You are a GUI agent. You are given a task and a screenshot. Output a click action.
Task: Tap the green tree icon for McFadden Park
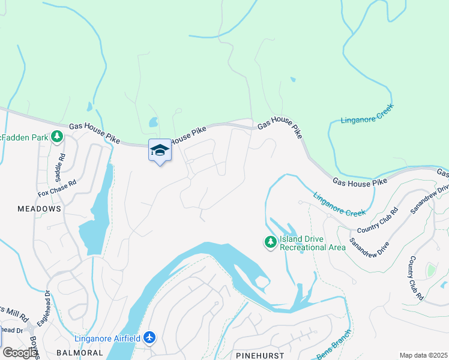(58, 137)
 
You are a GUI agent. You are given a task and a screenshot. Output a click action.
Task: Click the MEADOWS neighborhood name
(39, 208)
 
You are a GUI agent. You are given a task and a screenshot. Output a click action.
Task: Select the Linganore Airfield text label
(107, 338)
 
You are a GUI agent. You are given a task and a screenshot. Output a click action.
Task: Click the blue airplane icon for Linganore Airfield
(149, 338)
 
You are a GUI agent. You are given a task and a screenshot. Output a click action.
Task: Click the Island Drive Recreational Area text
(312, 243)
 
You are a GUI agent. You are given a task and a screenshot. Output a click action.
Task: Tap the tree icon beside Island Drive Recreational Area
(271, 242)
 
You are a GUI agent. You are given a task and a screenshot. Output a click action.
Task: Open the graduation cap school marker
(160, 151)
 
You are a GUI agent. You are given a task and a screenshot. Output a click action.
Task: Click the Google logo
(20, 353)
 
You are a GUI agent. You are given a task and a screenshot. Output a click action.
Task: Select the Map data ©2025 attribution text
(423, 355)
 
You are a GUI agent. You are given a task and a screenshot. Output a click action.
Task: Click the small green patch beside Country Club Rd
(430, 271)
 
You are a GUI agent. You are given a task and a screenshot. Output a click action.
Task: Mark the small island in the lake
(261, 282)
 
